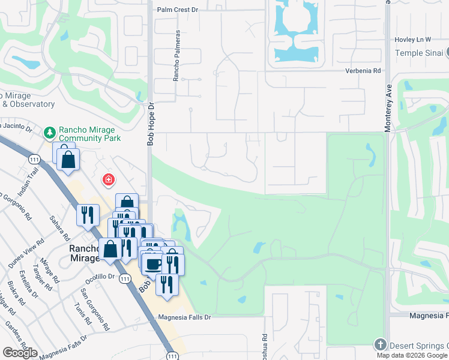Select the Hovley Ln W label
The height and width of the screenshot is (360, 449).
(x=413, y=40)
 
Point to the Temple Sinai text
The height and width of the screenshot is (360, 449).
(x=418, y=53)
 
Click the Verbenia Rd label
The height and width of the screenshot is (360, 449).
(x=363, y=71)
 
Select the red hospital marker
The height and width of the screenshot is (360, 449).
(x=109, y=179)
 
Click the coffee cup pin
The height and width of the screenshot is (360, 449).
(x=154, y=264)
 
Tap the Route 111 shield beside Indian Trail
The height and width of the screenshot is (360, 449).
(x=34, y=158)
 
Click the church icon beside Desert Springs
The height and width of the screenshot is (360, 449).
(x=379, y=345)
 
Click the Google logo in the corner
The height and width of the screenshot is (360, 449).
(x=20, y=353)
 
